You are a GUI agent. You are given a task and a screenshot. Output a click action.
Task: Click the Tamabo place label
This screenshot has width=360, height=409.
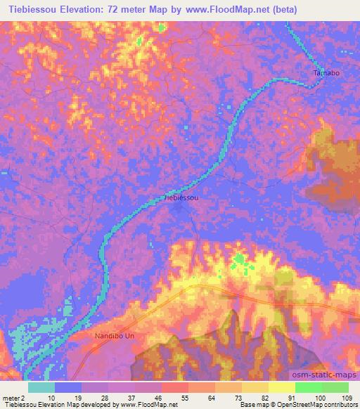(326, 72)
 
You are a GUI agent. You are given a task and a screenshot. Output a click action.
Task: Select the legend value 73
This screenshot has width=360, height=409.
(229, 398)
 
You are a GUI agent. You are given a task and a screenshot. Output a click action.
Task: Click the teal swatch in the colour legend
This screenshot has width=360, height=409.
(41, 387)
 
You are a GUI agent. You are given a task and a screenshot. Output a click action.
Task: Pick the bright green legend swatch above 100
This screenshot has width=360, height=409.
(308, 387)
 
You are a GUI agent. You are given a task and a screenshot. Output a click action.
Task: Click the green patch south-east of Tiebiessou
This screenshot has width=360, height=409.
(241, 261)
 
